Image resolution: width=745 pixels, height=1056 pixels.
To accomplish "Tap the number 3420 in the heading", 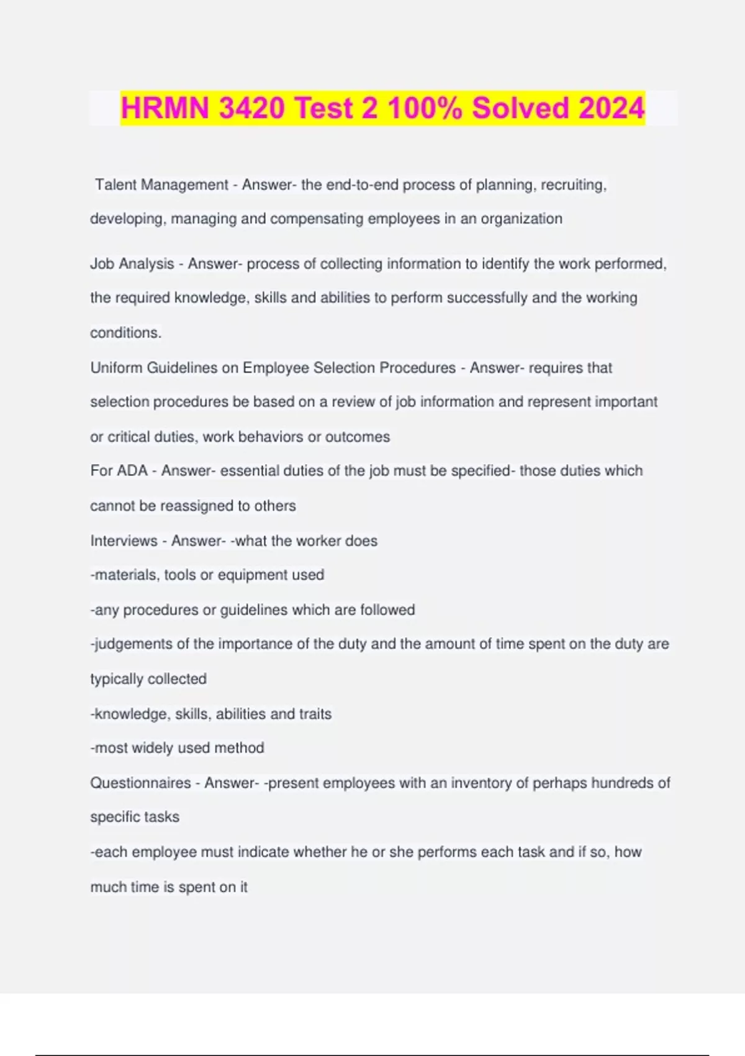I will [251, 108].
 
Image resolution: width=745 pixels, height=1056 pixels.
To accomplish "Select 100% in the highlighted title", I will [425, 108].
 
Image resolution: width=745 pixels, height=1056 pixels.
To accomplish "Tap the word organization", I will [521, 219].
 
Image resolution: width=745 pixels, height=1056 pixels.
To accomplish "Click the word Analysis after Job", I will [147, 264].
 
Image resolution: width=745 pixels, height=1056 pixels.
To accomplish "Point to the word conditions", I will [125, 333].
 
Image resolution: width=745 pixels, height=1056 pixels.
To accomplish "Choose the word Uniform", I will [116, 368].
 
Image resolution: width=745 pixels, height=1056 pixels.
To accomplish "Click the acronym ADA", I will [132, 471].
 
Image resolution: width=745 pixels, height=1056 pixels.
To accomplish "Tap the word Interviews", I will [124, 541].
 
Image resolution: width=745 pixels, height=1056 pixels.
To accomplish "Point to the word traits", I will [315, 714].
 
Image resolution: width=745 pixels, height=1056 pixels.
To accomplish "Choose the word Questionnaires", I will [140, 783].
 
